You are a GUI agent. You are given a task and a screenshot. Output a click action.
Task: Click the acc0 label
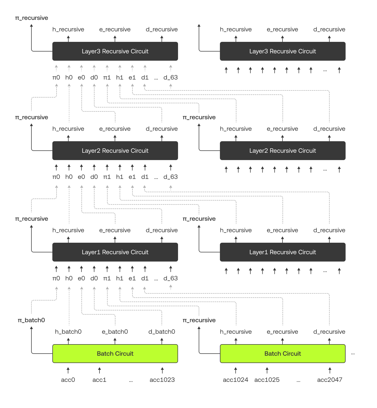coord(68,380)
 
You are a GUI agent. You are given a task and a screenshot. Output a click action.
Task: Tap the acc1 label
coord(99,380)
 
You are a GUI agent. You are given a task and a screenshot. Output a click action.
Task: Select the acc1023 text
coord(162,380)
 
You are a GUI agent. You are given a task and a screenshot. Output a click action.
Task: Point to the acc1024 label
coord(235,380)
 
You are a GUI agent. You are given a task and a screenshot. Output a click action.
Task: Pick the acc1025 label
coord(267,380)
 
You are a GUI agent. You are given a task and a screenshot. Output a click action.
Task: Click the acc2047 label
coord(330,380)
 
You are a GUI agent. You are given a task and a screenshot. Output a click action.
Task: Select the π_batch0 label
coord(31,320)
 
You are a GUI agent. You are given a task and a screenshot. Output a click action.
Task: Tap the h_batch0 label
coord(68,332)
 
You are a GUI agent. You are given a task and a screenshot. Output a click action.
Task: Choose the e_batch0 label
coord(115,332)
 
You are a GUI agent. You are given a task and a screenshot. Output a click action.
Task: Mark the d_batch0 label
coord(162,332)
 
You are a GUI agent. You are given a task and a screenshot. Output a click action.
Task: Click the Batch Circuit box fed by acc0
coord(115,354)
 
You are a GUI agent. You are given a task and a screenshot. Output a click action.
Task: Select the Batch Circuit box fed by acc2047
coord(283,354)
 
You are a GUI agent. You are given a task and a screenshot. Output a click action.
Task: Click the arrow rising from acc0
coord(68,370)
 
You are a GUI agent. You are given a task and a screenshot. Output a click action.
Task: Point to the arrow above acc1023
coord(162,370)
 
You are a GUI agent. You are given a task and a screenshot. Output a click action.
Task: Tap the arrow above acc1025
coord(267,370)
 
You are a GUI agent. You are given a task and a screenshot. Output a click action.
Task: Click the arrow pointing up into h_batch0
coord(68,341)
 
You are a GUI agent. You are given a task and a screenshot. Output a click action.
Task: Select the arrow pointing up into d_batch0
coord(162,341)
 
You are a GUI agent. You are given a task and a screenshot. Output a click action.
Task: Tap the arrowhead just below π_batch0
coord(31,328)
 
